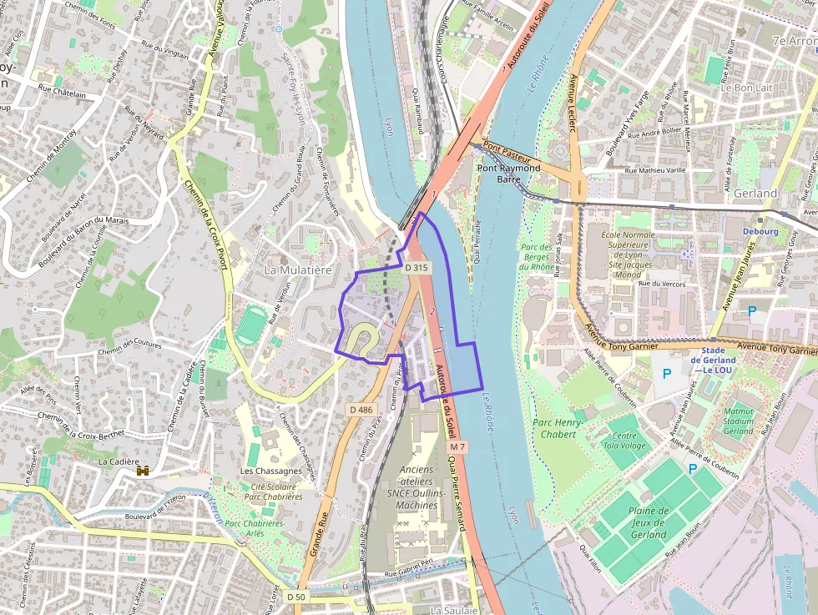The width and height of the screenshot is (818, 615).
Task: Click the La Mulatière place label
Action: tap(298, 270)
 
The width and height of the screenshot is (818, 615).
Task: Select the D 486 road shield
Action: tap(361, 409)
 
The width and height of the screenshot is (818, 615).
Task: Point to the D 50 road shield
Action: tap(296, 597)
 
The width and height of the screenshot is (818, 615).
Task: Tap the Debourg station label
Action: tap(760, 231)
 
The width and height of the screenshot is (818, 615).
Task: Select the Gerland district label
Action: tap(755, 193)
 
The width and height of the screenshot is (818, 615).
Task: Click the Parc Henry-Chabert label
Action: tap(558, 428)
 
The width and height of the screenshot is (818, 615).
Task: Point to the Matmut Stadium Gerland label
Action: tap(739, 421)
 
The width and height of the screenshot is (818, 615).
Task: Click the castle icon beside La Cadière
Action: tap(143, 471)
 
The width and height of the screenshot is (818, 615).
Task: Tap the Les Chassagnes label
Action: tap(271, 471)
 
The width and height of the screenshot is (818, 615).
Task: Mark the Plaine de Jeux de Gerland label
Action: tap(649, 522)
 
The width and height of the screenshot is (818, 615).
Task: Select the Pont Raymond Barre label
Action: tap(508, 174)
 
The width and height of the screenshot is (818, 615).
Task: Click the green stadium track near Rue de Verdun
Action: tap(251, 325)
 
